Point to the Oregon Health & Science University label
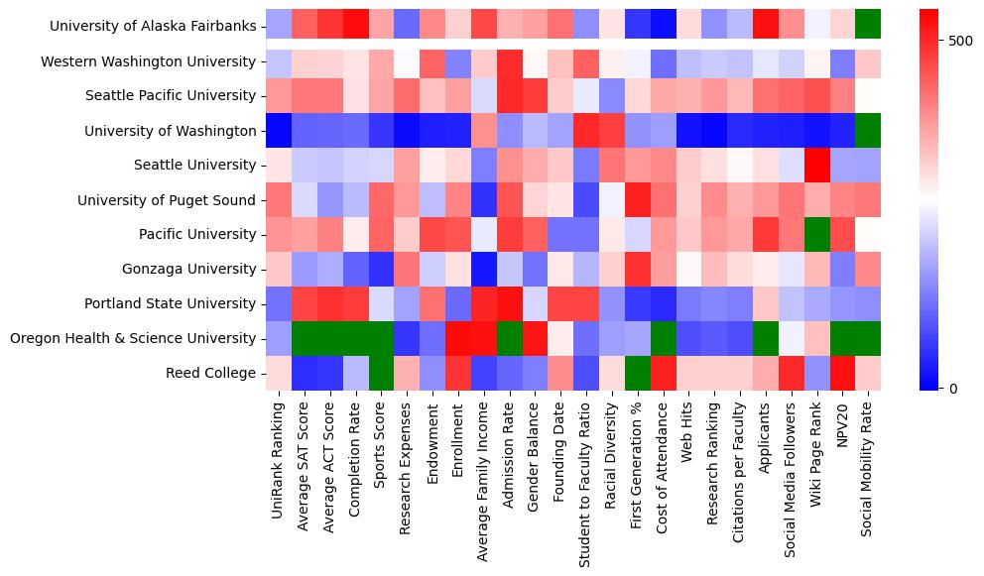[133, 338]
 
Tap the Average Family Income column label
[483, 477]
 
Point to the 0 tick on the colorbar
[953, 388]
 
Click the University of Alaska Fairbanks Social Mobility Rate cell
[868, 27]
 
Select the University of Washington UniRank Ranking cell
[279, 131]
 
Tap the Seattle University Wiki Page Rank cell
[816, 166]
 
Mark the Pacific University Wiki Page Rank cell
[816, 234]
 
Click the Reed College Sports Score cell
[381, 373]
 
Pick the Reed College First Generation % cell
[637, 373]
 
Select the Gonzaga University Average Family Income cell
[483, 269]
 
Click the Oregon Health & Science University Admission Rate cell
[509, 338]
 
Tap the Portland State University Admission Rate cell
[509, 303]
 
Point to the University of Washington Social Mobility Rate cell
[868, 131]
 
